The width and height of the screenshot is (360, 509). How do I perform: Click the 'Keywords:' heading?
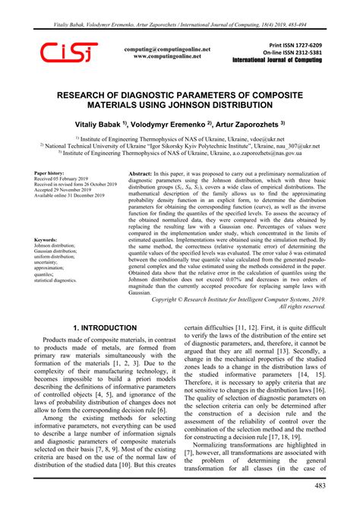tap(47, 239)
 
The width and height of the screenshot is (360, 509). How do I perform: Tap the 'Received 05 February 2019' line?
tap(65, 180)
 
